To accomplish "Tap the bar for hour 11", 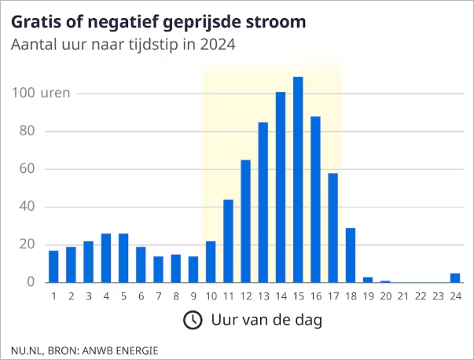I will coord(228,241).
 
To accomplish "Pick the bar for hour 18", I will coord(351,255).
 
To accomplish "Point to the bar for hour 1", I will coord(53,266).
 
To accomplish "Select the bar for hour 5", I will coord(123,258).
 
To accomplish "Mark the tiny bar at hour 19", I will coord(368,280).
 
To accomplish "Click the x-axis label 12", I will coord(245,296).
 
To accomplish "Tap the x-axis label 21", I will coord(403,296).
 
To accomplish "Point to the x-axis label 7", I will coord(158,296).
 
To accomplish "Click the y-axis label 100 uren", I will coord(41,93).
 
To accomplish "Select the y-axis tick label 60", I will coord(28,168).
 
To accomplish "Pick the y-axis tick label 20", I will coord(28,244).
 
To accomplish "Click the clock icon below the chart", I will coord(192,320).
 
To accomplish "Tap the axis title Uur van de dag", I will coord(266,320).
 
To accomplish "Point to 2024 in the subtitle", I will coord(218,44).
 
